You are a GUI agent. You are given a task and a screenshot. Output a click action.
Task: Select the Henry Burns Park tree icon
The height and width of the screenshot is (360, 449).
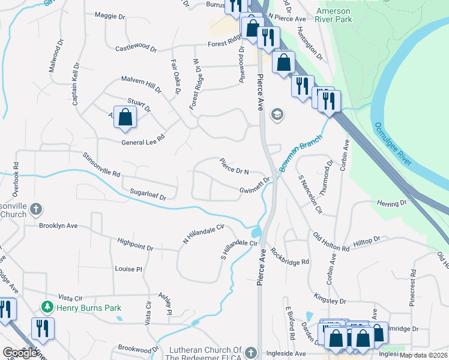pyautogui.click(x=47, y=307)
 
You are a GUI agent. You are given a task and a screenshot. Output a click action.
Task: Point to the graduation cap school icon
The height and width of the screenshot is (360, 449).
pyautogui.click(x=277, y=114)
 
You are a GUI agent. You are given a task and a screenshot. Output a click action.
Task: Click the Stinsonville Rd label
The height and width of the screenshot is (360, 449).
pyautogui.click(x=101, y=165)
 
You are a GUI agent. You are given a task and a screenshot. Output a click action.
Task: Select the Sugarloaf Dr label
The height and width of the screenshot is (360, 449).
pyautogui.click(x=147, y=194)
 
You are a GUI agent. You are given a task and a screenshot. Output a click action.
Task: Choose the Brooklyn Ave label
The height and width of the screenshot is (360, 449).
pyautogui.click(x=58, y=226)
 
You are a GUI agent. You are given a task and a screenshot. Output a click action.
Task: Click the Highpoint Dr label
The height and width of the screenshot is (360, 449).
pyautogui.click(x=136, y=247)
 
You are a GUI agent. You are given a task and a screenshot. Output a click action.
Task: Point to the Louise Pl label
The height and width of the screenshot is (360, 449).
pyautogui.click(x=128, y=269)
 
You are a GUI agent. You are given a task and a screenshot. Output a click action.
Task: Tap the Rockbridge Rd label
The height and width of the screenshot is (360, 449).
pyautogui.click(x=290, y=257)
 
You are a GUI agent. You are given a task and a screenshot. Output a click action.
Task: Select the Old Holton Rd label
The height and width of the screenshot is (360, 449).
pyautogui.click(x=330, y=242)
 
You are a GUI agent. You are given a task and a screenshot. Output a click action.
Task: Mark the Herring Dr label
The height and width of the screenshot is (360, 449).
pyautogui.click(x=392, y=204)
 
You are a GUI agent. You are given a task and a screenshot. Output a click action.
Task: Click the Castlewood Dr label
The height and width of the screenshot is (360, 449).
pyautogui.click(x=135, y=48)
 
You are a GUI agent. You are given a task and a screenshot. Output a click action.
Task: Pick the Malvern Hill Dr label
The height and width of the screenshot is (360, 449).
pyautogui.click(x=141, y=83)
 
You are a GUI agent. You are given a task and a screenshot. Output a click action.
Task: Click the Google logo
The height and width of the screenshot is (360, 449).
pyautogui.click(x=21, y=353)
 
